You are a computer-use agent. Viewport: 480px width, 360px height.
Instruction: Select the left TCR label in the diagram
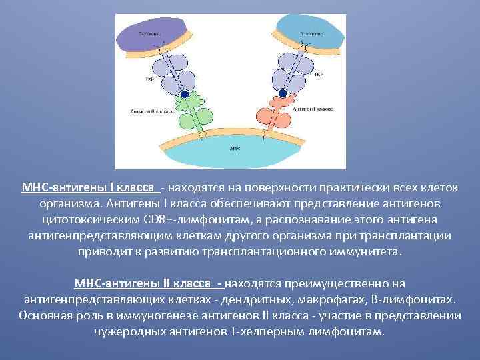[149, 78]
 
